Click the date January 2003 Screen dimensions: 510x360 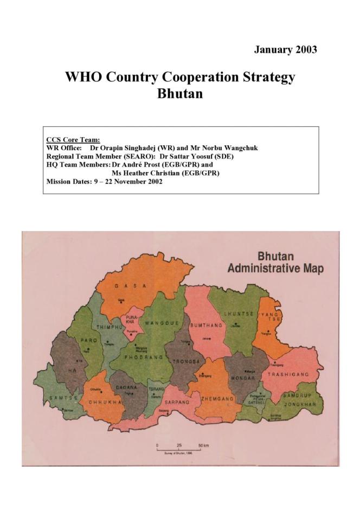[x=285, y=49]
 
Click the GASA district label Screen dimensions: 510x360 [x=131, y=286]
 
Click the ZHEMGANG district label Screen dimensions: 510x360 [x=217, y=399]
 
